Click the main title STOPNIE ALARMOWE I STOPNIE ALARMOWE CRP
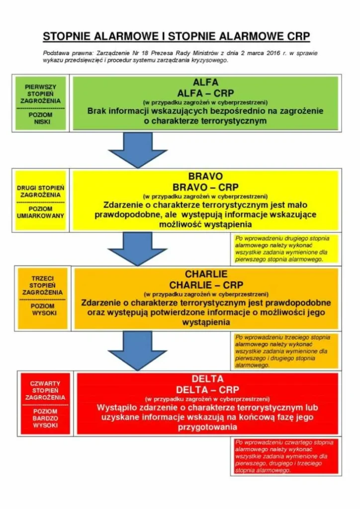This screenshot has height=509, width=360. [x=176, y=36]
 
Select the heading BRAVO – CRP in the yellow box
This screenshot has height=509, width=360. [x=205, y=187]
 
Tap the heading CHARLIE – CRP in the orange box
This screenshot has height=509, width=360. [x=206, y=285]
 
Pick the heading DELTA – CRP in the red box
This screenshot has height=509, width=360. [x=207, y=390]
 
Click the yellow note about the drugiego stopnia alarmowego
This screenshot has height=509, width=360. [x=286, y=249]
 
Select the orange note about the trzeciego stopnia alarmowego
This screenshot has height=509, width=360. [x=286, y=351]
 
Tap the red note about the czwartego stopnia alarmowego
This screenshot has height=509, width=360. [x=286, y=456]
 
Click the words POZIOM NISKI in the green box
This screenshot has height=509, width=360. [x=41, y=118]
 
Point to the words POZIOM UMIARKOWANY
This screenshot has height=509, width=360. [x=41, y=212]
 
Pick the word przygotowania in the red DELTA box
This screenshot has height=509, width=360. [x=207, y=427]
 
